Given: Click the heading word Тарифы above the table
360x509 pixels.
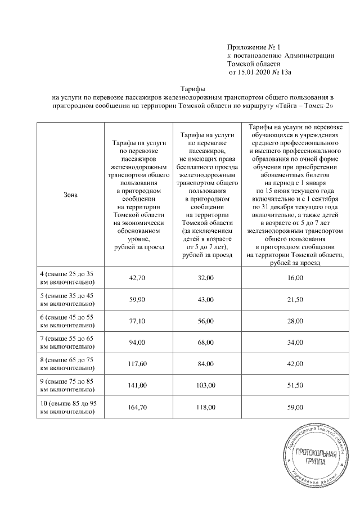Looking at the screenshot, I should tap(192, 89).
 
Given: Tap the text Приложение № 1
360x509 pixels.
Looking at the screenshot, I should tap(249, 47).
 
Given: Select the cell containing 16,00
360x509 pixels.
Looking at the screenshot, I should tap(295, 278).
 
